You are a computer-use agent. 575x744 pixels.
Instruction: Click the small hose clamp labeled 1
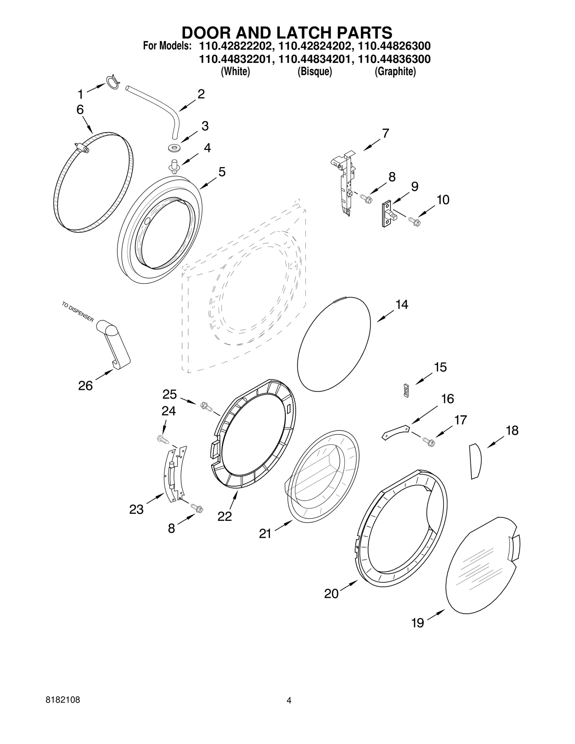[x=112, y=81]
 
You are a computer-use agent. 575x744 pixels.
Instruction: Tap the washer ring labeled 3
[x=174, y=147]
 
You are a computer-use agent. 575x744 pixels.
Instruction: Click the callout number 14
[x=401, y=305]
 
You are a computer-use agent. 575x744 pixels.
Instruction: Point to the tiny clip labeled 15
[x=406, y=391]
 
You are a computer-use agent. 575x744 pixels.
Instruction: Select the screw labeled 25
[x=206, y=406]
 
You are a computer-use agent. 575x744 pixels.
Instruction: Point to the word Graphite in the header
[x=395, y=71]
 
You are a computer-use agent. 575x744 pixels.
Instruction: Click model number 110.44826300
[x=394, y=46]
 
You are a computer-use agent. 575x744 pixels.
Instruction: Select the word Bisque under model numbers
[x=314, y=71]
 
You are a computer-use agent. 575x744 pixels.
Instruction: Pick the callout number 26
[x=85, y=385]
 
